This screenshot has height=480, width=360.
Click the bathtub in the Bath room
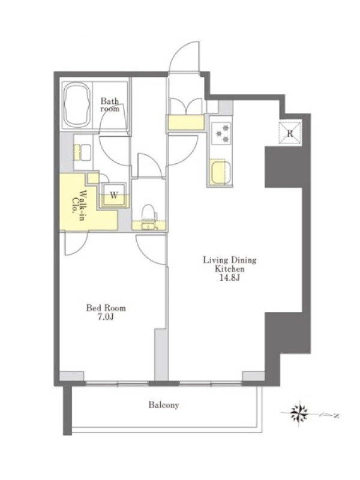pos(77,106)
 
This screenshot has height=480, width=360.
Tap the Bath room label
pos(110,104)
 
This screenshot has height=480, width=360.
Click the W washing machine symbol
pos(114,195)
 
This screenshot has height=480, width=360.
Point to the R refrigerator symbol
pos(290,133)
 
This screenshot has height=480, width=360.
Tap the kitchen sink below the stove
pos(220,172)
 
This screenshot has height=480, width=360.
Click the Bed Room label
pos(106,307)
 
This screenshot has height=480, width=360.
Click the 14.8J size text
pos(229,278)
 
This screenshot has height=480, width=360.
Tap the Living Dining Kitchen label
pos(230,265)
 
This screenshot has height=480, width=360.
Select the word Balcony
pos(164,405)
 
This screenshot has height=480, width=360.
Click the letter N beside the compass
pos(336,416)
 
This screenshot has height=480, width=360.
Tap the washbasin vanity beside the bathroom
pos(83,152)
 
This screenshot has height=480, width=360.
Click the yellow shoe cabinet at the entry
pos(186,122)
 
